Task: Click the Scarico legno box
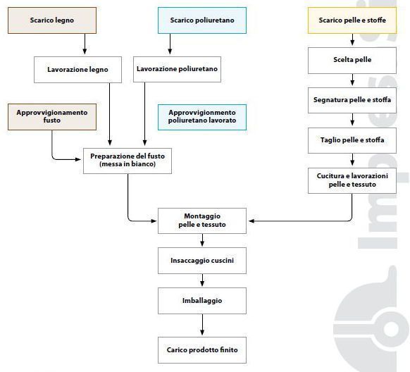click(x=52, y=20)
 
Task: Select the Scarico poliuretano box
click(x=202, y=20)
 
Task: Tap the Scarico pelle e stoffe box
click(x=352, y=20)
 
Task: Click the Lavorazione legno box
click(x=77, y=70)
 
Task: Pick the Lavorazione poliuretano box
click(x=177, y=69)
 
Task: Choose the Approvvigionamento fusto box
click(x=52, y=117)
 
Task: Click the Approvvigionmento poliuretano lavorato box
click(x=202, y=117)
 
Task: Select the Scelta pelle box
click(x=352, y=61)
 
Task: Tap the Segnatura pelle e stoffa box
click(x=352, y=100)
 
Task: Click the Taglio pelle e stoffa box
click(x=352, y=140)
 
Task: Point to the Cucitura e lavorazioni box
click(x=352, y=180)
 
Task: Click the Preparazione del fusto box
click(x=128, y=161)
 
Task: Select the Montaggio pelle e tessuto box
click(x=202, y=221)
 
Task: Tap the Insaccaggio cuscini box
click(x=202, y=261)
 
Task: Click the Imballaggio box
click(x=202, y=301)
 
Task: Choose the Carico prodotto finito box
click(x=202, y=350)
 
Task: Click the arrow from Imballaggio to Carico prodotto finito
click(x=202, y=325)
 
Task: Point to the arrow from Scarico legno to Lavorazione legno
click(x=85, y=44)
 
